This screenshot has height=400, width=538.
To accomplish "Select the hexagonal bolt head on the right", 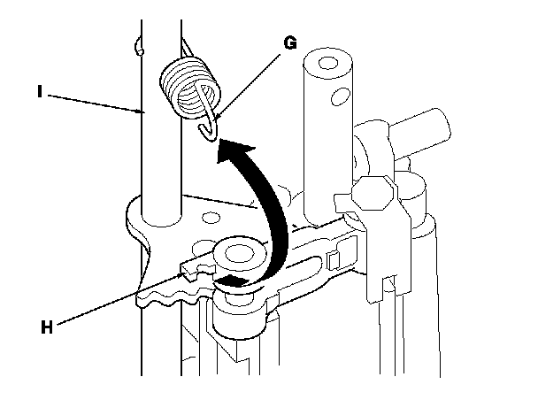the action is [371, 191].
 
